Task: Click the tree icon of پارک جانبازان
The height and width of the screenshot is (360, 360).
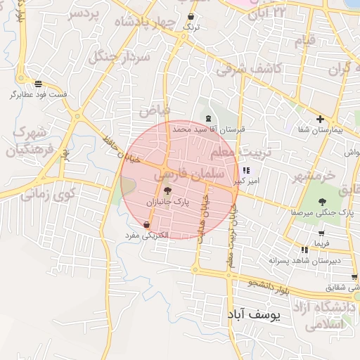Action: tap(167, 191)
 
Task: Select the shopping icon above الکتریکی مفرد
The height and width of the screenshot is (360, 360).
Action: tap(146, 225)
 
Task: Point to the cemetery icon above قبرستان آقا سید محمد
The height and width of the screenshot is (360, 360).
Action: tap(207, 119)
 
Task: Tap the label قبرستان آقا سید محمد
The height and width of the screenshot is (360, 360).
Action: tap(210, 129)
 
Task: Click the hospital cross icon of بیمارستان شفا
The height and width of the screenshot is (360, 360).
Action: tap(321, 120)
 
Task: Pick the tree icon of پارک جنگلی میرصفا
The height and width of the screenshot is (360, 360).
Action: tap(321, 202)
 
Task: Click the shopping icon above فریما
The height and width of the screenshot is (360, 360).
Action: tap(321, 233)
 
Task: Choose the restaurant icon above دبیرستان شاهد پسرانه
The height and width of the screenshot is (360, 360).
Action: tap(304, 250)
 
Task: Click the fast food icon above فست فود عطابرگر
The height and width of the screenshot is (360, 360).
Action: tap(37, 84)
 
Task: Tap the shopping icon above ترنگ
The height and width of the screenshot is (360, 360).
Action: tap(191, 16)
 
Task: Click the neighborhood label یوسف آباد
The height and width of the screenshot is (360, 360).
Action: tap(254, 316)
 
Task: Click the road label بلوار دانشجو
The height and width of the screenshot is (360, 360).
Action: tap(269, 287)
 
